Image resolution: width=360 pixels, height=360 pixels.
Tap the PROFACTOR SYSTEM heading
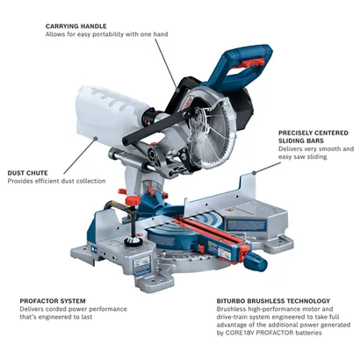(53, 300)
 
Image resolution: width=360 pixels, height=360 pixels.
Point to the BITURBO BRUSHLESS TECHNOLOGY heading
(273, 300)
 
